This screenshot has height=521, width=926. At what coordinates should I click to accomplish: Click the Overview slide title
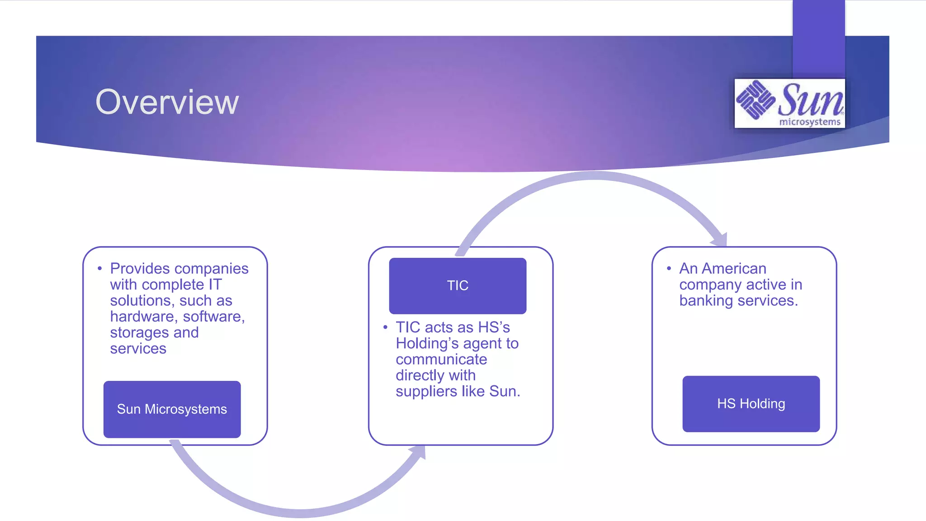pyautogui.click(x=167, y=102)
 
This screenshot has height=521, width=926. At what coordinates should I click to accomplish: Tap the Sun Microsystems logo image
pyautogui.click(x=789, y=103)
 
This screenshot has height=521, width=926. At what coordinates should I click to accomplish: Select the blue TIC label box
pyautogui.click(x=458, y=286)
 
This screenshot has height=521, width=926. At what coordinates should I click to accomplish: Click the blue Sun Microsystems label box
pyautogui.click(x=172, y=409)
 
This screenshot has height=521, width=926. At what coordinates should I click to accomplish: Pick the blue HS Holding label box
pyautogui.click(x=751, y=404)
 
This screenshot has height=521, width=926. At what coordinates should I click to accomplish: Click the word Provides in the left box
pyautogui.click(x=140, y=269)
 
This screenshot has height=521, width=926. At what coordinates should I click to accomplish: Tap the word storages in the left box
pyautogui.click(x=139, y=333)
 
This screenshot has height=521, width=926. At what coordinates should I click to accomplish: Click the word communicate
pyautogui.click(x=441, y=360)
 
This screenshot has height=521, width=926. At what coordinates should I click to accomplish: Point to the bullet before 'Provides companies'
pyautogui.click(x=99, y=269)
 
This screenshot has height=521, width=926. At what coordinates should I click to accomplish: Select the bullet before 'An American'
pyautogui.click(x=669, y=269)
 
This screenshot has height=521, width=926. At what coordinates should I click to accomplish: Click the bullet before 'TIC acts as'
pyautogui.click(x=385, y=327)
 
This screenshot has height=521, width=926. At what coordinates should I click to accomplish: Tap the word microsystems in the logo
pyautogui.click(x=809, y=122)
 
